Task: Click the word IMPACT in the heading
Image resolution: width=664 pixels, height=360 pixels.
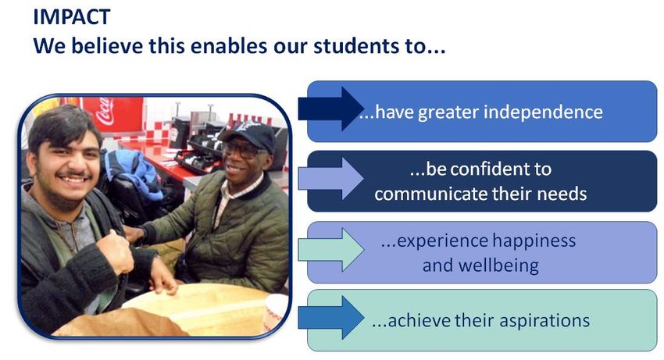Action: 72,17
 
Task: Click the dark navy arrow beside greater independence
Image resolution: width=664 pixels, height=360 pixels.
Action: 330,109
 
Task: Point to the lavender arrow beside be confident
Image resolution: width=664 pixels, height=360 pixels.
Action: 330,178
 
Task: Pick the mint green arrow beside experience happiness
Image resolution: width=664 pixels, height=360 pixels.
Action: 330,249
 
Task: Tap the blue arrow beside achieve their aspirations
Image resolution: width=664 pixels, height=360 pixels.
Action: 330,318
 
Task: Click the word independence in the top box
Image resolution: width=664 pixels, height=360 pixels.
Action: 543,112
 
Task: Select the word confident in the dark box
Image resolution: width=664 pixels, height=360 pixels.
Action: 488,169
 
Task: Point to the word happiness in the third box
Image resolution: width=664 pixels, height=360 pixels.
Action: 534,241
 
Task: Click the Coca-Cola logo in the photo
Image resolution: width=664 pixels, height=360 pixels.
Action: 105,111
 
